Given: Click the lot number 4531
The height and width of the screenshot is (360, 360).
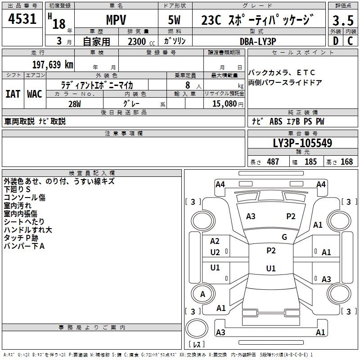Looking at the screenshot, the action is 22,19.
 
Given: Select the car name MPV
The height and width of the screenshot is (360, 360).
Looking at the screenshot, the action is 116,20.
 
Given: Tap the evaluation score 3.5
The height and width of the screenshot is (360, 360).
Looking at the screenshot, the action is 342,21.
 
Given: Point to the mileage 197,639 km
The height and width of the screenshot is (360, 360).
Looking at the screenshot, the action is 52,64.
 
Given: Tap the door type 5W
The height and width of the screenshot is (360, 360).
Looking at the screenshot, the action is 175,20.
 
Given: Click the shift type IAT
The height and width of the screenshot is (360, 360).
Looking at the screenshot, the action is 13,94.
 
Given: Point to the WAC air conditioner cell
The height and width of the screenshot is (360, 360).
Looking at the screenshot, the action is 34,94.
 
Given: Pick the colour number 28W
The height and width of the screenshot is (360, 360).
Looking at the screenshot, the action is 74,103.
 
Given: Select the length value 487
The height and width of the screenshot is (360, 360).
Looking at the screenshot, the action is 273,162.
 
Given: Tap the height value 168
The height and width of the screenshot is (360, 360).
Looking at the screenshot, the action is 346,162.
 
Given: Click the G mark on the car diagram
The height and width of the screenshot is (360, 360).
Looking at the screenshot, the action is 284,237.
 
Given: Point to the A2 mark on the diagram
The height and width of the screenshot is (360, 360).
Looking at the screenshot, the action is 215,242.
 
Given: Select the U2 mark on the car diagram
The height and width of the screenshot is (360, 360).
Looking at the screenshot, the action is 215,252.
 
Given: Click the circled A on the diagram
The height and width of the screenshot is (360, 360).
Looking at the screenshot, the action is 202,294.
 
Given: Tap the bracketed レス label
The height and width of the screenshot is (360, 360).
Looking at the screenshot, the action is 197,344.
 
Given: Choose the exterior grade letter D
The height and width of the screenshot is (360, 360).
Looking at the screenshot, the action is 335,40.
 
